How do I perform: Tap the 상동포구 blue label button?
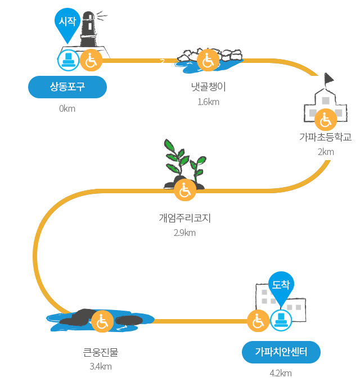coord(67,87)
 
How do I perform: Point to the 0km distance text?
coord(67,108)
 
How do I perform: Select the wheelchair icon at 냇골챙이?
coord(208,60)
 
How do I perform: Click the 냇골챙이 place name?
coord(209,87)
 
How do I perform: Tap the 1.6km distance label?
coord(209,102)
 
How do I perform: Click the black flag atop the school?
coord(328,78)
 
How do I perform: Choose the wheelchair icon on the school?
coord(326,120)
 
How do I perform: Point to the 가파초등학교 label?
coord(326,137)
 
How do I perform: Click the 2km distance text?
coord(326,152)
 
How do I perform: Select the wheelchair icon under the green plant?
coord(185,190)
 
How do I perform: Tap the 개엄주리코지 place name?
coord(185,218)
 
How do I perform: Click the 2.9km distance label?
coord(184,233)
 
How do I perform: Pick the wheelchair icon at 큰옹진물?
coord(102,321)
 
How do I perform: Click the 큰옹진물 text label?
coord(101,352)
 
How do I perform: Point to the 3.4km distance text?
coord(101,366)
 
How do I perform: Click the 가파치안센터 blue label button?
coord(281,352)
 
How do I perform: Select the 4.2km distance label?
coord(281,373)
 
